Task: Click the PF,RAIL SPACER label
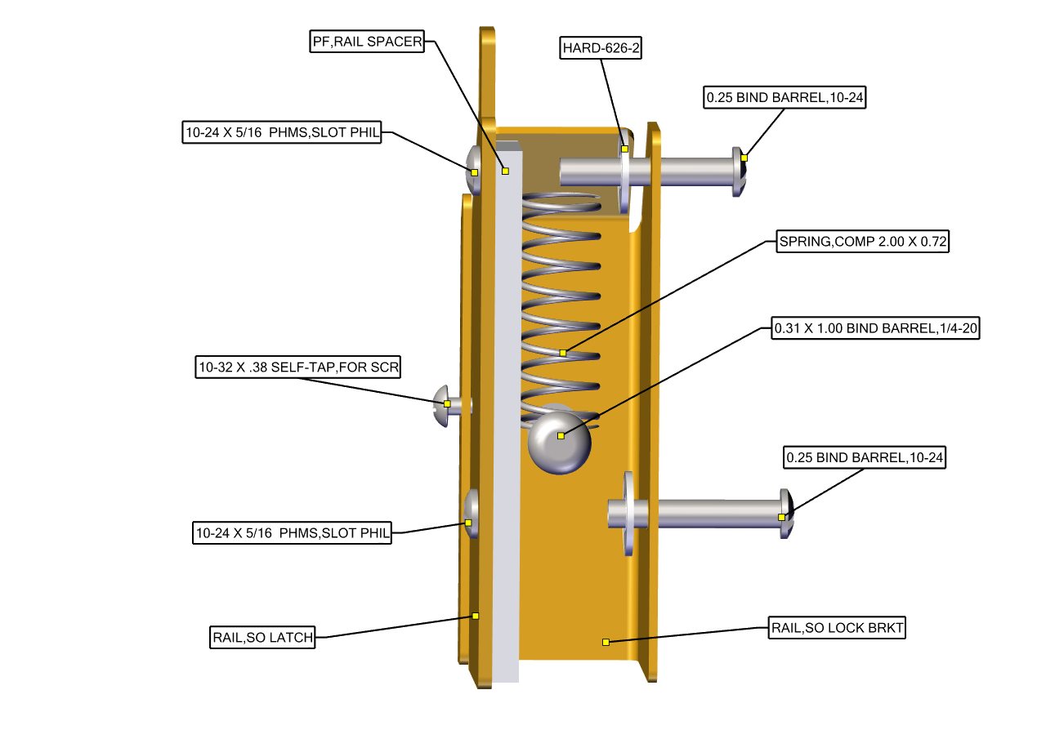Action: [367, 42]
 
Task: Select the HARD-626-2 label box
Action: [601, 48]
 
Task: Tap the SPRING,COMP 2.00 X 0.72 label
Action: [861, 242]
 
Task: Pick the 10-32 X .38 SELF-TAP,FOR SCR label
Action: [297, 367]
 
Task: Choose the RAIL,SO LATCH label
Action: [262, 638]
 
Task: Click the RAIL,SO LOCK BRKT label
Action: [838, 628]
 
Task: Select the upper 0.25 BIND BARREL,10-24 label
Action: [784, 98]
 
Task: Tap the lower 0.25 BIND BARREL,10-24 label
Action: [864, 458]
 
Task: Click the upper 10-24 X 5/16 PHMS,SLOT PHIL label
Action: [282, 133]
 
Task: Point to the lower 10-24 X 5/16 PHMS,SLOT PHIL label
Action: [292, 534]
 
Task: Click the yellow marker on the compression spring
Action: [563, 353]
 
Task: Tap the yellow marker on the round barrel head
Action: [561, 436]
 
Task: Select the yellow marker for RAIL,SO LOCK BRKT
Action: [606, 642]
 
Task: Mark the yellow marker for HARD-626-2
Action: [624, 149]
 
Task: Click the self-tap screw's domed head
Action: [441, 403]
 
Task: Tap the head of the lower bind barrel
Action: [787, 514]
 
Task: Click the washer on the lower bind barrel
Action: [628, 514]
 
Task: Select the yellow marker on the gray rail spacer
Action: [505, 171]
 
